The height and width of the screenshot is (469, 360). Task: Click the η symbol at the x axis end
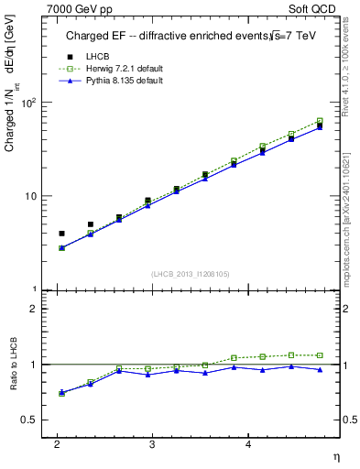(335, 456)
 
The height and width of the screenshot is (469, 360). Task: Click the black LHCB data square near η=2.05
(61, 234)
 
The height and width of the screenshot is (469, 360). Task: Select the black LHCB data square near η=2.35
(91, 224)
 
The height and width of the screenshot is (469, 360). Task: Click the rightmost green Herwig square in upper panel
(320, 121)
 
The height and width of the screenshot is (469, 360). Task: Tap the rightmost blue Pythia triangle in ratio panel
(320, 370)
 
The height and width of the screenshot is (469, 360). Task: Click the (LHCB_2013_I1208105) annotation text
(191, 274)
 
